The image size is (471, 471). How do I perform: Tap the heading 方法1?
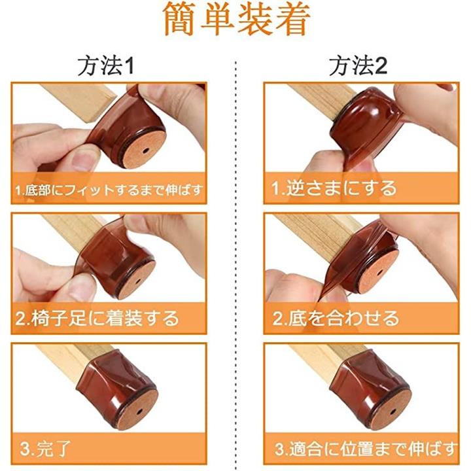[106, 66]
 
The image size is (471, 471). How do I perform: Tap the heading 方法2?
[358, 66]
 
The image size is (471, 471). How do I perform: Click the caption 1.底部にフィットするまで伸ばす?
[109, 190]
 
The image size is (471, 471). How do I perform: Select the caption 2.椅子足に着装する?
[97, 319]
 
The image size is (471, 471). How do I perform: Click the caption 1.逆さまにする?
[334, 188]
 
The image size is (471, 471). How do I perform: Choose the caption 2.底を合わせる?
[336, 318]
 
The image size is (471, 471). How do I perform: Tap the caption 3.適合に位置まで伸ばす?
[366, 449]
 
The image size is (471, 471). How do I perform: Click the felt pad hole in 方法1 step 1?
[145, 150]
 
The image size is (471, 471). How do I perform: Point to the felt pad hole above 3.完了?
[139, 411]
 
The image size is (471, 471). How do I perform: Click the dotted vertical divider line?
[236, 264]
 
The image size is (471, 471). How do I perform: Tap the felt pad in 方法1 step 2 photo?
[137, 280]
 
